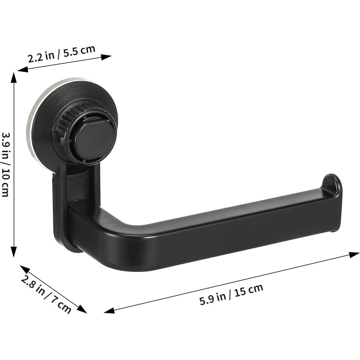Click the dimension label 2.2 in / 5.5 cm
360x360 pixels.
coord(62,54)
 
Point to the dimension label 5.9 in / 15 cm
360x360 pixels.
coord(231,294)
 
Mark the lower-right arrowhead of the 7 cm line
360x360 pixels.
coord(83,310)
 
